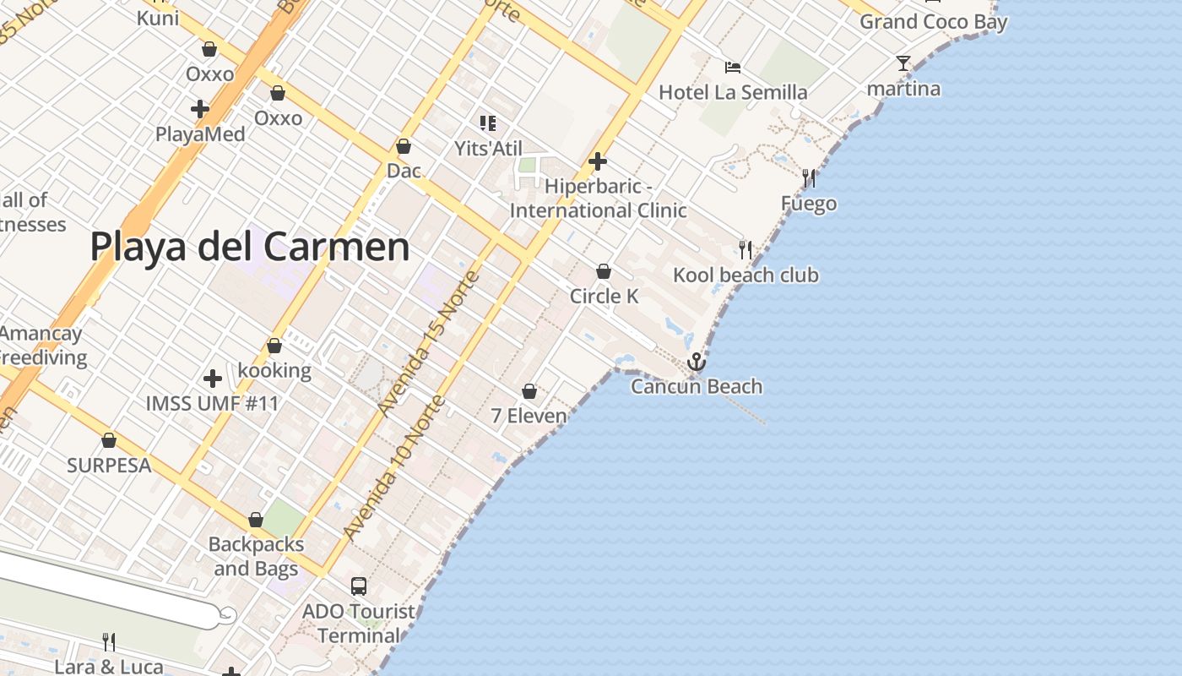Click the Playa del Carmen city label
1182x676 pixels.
(250, 248)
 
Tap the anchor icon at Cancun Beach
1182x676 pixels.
(696, 363)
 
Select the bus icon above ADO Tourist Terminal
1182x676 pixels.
(359, 586)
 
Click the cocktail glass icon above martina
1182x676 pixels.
(903, 63)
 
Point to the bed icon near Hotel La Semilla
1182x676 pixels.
(733, 67)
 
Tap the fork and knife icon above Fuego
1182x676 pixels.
(809, 178)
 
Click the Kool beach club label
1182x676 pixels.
(746, 275)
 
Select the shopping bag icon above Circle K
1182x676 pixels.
(604, 271)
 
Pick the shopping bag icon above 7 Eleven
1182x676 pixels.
(529, 391)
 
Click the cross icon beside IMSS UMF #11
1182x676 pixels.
(213, 379)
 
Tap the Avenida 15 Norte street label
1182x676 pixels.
(428, 343)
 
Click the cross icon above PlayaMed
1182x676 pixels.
(200, 109)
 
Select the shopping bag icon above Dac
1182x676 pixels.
(404, 146)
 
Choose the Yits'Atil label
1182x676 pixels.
(489, 149)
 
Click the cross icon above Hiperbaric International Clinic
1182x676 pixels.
(598, 161)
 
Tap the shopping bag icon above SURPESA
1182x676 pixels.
(109, 440)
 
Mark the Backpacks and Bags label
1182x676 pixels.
(256, 556)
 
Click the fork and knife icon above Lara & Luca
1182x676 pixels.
(108, 642)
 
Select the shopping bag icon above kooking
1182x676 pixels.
(274, 346)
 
